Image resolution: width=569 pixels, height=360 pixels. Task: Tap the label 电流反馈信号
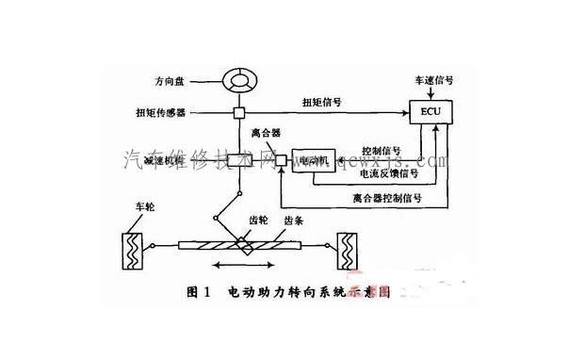coord(388,172)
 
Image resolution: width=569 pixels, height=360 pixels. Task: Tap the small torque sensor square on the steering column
coord(239,113)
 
